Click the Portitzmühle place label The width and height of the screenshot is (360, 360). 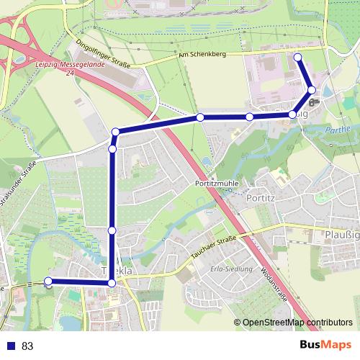[x=217, y=184]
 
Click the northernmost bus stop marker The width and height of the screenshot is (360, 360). [x=297, y=56]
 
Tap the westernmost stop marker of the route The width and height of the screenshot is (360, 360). [x=48, y=281]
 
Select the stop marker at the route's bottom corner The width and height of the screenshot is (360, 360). [x=112, y=284]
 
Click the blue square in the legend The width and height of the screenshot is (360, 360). [x=9, y=346]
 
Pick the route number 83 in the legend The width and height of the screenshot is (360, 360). [x=27, y=346]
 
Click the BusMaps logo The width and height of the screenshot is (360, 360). [x=325, y=345]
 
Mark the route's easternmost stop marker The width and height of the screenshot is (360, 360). [x=312, y=90]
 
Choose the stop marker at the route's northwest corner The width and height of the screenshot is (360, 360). [x=116, y=132]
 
